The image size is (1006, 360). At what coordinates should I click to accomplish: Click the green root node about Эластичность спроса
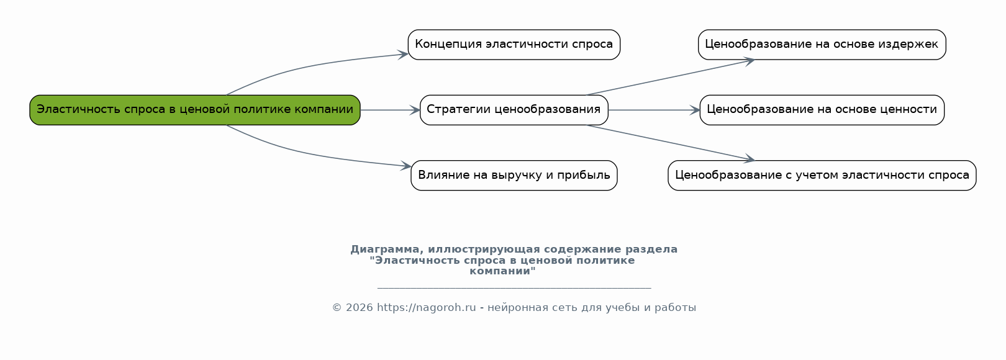click(195, 110)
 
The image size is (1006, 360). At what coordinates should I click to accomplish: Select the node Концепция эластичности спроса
click(514, 45)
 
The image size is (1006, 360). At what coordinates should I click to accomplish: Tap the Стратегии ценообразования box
click(514, 110)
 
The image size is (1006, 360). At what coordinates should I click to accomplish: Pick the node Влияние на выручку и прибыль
click(514, 176)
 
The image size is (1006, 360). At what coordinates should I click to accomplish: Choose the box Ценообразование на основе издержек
click(822, 45)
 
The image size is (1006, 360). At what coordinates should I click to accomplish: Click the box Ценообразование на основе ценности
click(822, 110)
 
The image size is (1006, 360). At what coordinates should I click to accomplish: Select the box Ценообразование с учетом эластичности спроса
click(822, 176)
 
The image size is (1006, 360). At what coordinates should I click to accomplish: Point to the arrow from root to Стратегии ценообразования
click(390, 110)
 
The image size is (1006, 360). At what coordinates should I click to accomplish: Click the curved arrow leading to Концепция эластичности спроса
click(310, 66)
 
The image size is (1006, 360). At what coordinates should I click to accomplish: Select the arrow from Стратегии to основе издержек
click(671, 77)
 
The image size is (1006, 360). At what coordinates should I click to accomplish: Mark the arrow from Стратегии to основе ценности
click(654, 110)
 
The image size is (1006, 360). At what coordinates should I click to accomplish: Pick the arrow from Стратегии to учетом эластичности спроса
click(671, 143)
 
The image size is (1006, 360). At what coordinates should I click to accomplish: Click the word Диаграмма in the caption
click(387, 250)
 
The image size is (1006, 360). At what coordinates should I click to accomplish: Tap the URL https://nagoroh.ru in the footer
click(426, 307)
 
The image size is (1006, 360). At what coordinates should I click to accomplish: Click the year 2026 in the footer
click(360, 307)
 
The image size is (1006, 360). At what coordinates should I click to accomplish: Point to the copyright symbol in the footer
click(337, 307)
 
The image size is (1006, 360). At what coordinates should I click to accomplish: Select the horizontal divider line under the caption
click(514, 288)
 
